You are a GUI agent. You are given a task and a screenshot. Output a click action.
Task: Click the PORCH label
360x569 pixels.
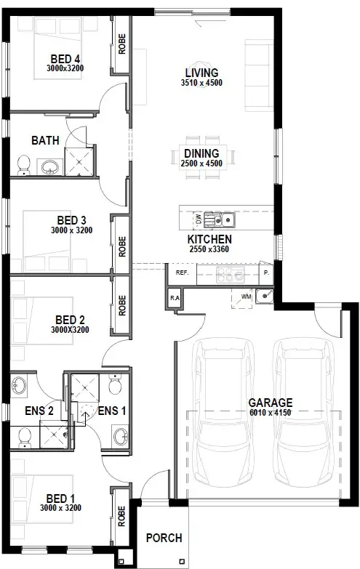click(164, 538)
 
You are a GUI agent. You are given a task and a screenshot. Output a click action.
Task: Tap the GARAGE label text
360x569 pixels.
click(270, 402)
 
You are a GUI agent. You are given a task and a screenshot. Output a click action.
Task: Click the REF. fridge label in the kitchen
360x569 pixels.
click(182, 274)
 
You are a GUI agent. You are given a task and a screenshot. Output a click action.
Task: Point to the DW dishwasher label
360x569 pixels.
click(198, 218)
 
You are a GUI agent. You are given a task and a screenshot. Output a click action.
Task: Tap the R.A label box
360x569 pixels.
click(175, 298)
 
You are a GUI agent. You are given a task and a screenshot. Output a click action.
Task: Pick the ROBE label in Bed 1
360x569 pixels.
click(122, 517)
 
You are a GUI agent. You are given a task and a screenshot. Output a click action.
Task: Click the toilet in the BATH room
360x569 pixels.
click(24, 164)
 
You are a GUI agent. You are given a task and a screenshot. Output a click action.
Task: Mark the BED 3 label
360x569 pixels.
click(72, 220)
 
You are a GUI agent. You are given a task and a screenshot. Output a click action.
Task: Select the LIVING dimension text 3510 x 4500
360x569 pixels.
click(203, 83)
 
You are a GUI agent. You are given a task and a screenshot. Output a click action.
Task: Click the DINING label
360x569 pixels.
click(201, 153)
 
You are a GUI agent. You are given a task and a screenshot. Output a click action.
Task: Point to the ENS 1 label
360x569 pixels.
click(111, 411)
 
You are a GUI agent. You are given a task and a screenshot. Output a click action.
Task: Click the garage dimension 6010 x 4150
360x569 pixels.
click(270, 413)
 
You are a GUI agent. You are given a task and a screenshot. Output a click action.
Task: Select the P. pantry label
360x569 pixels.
click(266, 274)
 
